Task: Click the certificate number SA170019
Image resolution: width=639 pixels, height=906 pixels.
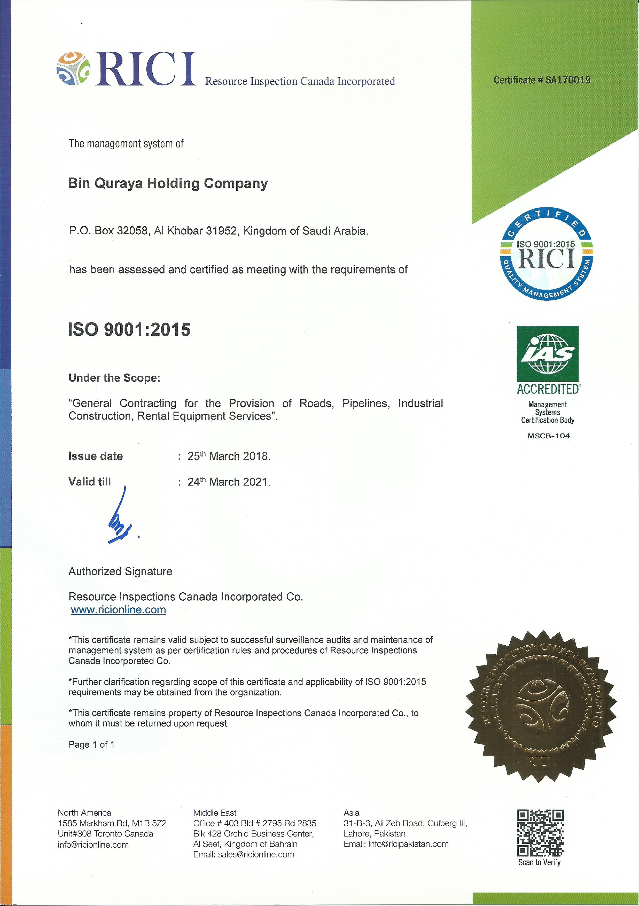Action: [568, 80]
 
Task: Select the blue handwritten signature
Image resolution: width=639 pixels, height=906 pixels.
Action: [120, 517]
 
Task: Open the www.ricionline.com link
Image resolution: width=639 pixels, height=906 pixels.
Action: [118, 610]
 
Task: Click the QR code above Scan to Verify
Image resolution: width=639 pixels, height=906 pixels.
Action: [540, 832]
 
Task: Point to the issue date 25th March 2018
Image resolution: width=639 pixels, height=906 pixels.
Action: [229, 456]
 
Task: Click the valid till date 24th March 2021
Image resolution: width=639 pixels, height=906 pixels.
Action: [229, 482]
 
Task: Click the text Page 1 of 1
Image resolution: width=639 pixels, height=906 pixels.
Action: [91, 745]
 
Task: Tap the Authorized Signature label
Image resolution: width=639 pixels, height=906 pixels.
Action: [120, 571]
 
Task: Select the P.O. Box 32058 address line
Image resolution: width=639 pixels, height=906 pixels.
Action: [219, 231]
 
